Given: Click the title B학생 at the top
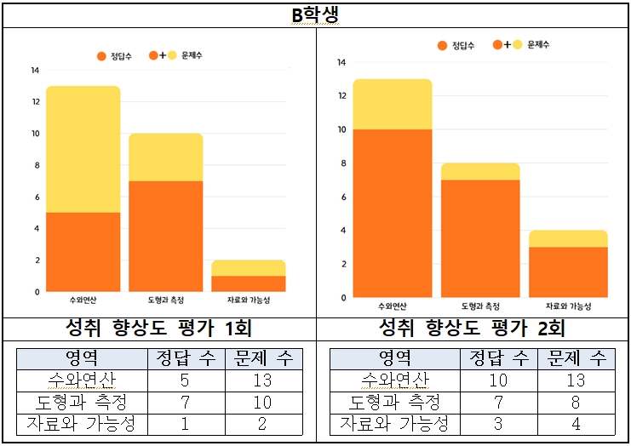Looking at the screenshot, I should (x=315, y=15).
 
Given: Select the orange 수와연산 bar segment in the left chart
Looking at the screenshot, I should (x=83, y=252).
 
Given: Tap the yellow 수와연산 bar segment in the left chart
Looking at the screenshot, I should (x=83, y=149).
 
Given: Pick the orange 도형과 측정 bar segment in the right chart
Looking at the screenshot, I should (x=480, y=238).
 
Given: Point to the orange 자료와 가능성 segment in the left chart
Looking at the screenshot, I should (x=249, y=283).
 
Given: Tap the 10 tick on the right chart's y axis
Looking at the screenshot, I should (x=341, y=129).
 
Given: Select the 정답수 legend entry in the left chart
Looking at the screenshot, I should (x=113, y=55).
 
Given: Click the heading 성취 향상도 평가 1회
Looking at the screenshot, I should (x=158, y=329).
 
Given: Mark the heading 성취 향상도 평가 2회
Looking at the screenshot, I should (x=472, y=329).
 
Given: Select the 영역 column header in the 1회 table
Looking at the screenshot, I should (x=82, y=358).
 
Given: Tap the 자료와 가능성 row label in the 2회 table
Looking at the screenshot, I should (x=393, y=423).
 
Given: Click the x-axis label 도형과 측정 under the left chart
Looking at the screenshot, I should (x=165, y=300).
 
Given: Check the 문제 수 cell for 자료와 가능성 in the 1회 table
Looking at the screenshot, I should (x=262, y=423).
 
